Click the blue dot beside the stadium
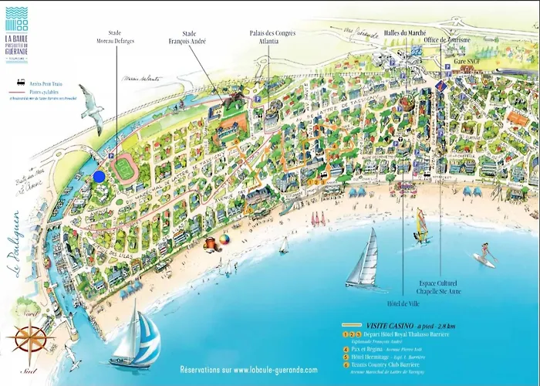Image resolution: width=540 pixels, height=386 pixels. pos(99,176)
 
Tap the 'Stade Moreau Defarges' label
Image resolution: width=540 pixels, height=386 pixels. pos(114,36)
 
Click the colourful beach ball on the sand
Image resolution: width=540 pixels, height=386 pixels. pos(224,239)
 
